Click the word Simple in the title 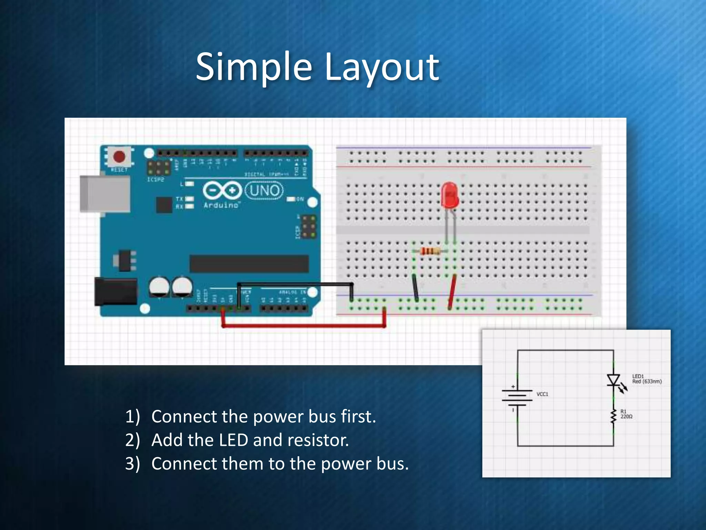[x=254, y=67]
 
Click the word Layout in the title [x=382, y=67]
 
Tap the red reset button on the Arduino [x=119, y=156]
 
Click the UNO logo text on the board [x=264, y=190]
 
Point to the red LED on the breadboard [x=450, y=195]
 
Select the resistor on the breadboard [x=431, y=251]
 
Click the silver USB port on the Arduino [x=105, y=194]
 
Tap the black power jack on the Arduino [x=115, y=292]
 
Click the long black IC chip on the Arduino [x=249, y=264]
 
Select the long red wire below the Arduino [x=303, y=325]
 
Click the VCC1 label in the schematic [x=542, y=394]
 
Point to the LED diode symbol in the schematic [x=614, y=380]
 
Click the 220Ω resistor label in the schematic [x=626, y=416]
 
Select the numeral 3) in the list [x=132, y=463]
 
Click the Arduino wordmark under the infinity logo [x=221, y=205]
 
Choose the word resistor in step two [x=318, y=440]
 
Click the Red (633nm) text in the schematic [x=647, y=381]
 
